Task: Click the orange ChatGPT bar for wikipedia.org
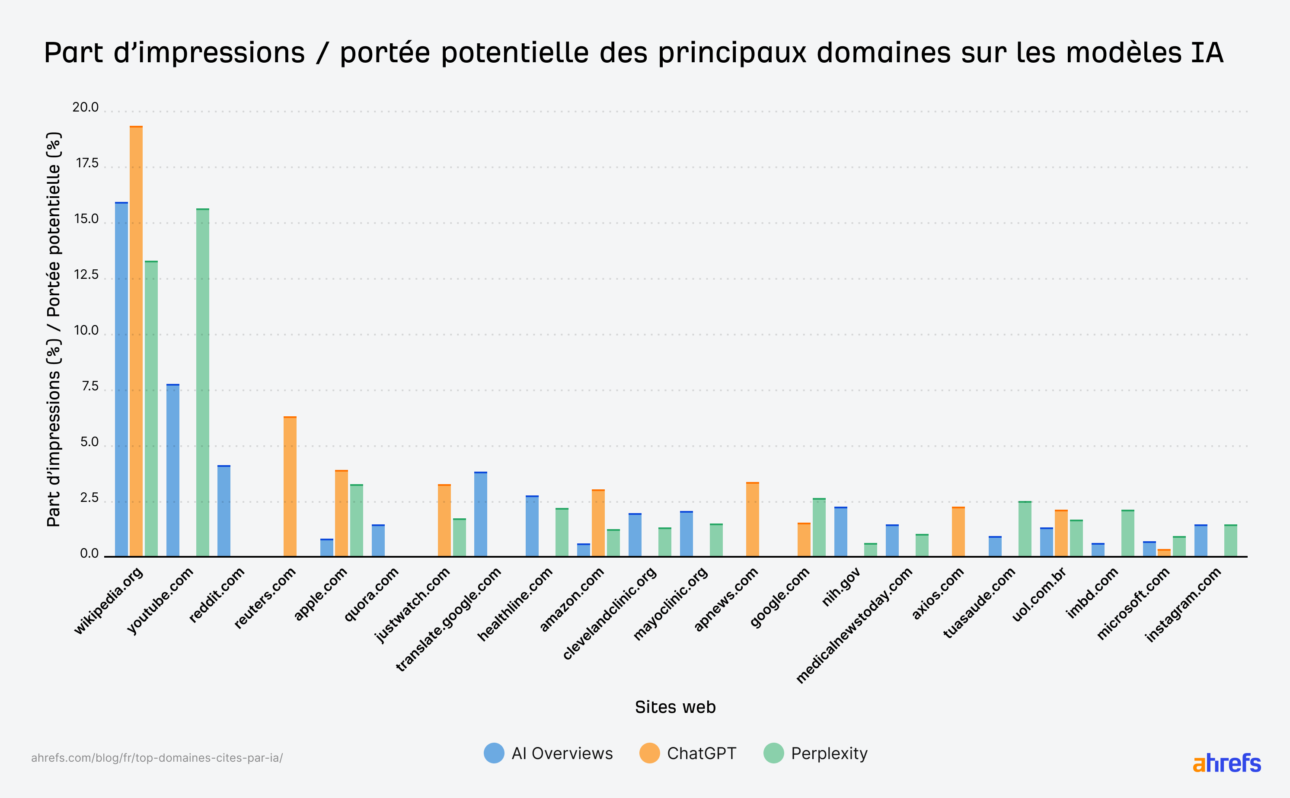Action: tap(136, 343)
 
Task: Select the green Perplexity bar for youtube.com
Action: tap(203, 383)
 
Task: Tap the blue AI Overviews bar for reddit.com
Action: tap(224, 511)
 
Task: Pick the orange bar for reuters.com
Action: tap(290, 487)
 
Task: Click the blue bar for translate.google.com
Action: tap(480, 514)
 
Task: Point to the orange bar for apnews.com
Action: tap(752, 520)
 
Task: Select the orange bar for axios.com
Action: tap(958, 532)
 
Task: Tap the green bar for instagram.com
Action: tap(1230, 540)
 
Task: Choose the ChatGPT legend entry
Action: tap(688, 753)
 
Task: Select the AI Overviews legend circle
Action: tap(494, 753)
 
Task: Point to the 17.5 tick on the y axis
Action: tap(87, 163)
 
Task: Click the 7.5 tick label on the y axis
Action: tap(90, 386)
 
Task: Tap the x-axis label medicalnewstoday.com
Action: tap(855, 626)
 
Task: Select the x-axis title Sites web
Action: tap(675, 707)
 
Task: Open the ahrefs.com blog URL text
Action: tap(157, 758)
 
